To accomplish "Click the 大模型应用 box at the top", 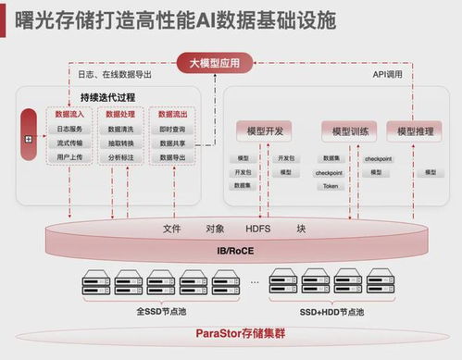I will tap(214, 64).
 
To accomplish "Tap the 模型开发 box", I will tap(264, 131).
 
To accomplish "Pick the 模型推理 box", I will tap(413, 131).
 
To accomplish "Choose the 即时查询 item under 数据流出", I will tap(172, 129).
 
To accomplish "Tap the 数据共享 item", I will tap(172, 143).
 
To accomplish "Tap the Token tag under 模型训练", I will tap(330, 186).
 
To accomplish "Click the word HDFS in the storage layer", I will tap(258, 228).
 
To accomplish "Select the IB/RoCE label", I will tap(231, 249).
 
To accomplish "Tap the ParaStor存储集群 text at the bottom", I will tap(231, 333).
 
